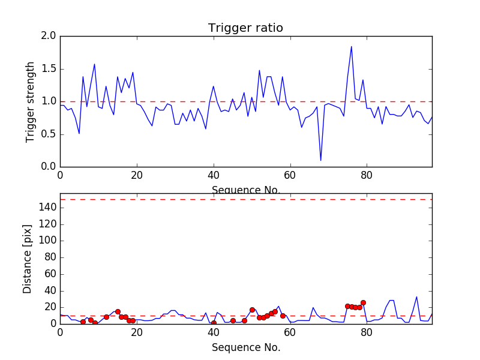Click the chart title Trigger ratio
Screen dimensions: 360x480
[245, 28]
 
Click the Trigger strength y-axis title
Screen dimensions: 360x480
[31, 101]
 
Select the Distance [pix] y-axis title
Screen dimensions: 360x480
[28, 259]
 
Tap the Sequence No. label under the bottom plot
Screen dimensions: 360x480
[246, 347]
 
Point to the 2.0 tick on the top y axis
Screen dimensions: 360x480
[49, 36]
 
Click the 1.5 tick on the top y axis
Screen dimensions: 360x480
[49, 69]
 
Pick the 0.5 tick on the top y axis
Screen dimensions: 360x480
[49, 134]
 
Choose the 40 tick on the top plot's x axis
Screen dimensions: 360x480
[213, 176]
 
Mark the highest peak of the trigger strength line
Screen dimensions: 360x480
[351, 46]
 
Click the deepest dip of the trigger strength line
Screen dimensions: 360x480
[320, 160]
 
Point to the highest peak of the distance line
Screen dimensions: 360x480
[416, 296]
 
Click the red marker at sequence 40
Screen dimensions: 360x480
[214, 323]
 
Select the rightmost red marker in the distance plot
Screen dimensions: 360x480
[363, 302]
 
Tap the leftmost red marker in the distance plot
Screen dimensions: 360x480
[83, 322]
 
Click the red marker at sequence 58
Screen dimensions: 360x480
[283, 316]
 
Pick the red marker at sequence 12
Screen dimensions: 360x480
[106, 317]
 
